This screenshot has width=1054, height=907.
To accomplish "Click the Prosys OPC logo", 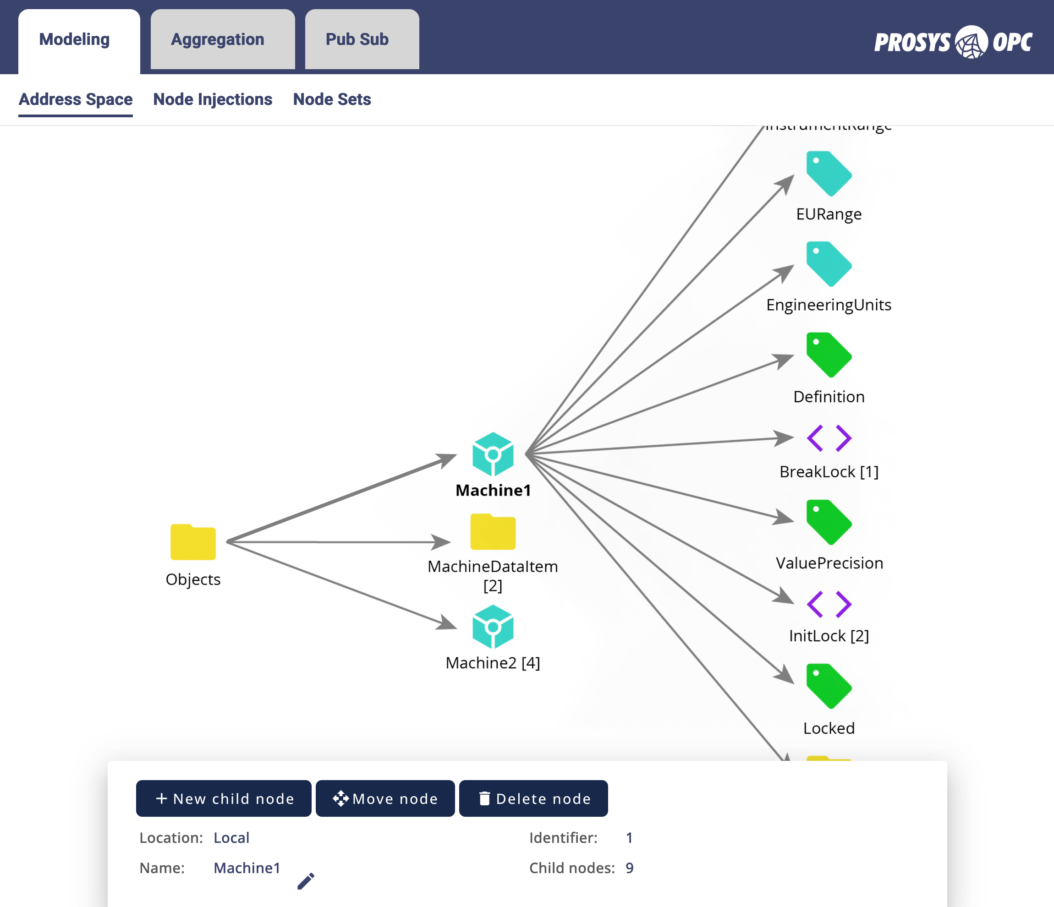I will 953,42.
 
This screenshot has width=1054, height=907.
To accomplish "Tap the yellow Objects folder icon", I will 193,542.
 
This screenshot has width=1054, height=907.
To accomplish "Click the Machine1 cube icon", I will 493,454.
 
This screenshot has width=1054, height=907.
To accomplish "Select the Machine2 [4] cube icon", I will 493,626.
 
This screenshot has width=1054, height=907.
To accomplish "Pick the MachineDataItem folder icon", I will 493,532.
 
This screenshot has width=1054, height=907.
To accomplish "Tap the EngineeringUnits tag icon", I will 828,264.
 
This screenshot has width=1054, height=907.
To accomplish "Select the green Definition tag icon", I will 828,355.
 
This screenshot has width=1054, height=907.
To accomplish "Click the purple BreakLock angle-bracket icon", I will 829,438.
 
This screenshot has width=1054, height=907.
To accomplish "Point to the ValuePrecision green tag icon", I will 828,522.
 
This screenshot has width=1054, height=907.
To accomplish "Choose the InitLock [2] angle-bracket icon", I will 829,604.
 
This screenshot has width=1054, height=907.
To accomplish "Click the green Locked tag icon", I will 828,686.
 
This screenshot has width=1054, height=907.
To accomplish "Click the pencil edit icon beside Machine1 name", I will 306,880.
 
